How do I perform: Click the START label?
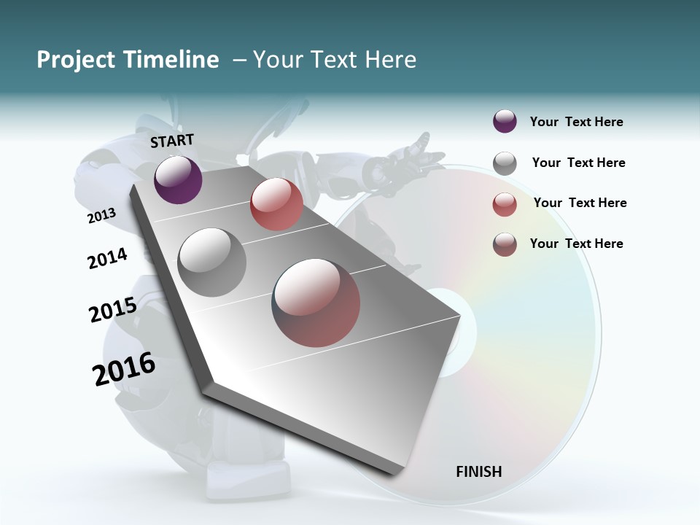pos(172,141)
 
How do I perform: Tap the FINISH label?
pos(479,472)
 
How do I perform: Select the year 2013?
pos(102,216)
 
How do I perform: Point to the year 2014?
pos(107,258)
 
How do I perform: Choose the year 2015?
pos(113,310)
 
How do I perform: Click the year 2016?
pos(124,369)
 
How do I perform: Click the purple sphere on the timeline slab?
pos(178,180)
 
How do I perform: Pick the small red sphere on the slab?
pos(276,204)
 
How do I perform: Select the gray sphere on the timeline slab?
pos(211,262)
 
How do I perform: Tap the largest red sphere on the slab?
pos(316,302)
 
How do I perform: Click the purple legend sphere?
pos(505,122)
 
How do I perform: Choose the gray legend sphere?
pos(505,163)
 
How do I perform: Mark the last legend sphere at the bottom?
pos(505,244)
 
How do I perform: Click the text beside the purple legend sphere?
pos(576,122)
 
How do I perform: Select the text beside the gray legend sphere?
pos(578,163)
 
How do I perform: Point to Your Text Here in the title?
pos(335,60)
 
